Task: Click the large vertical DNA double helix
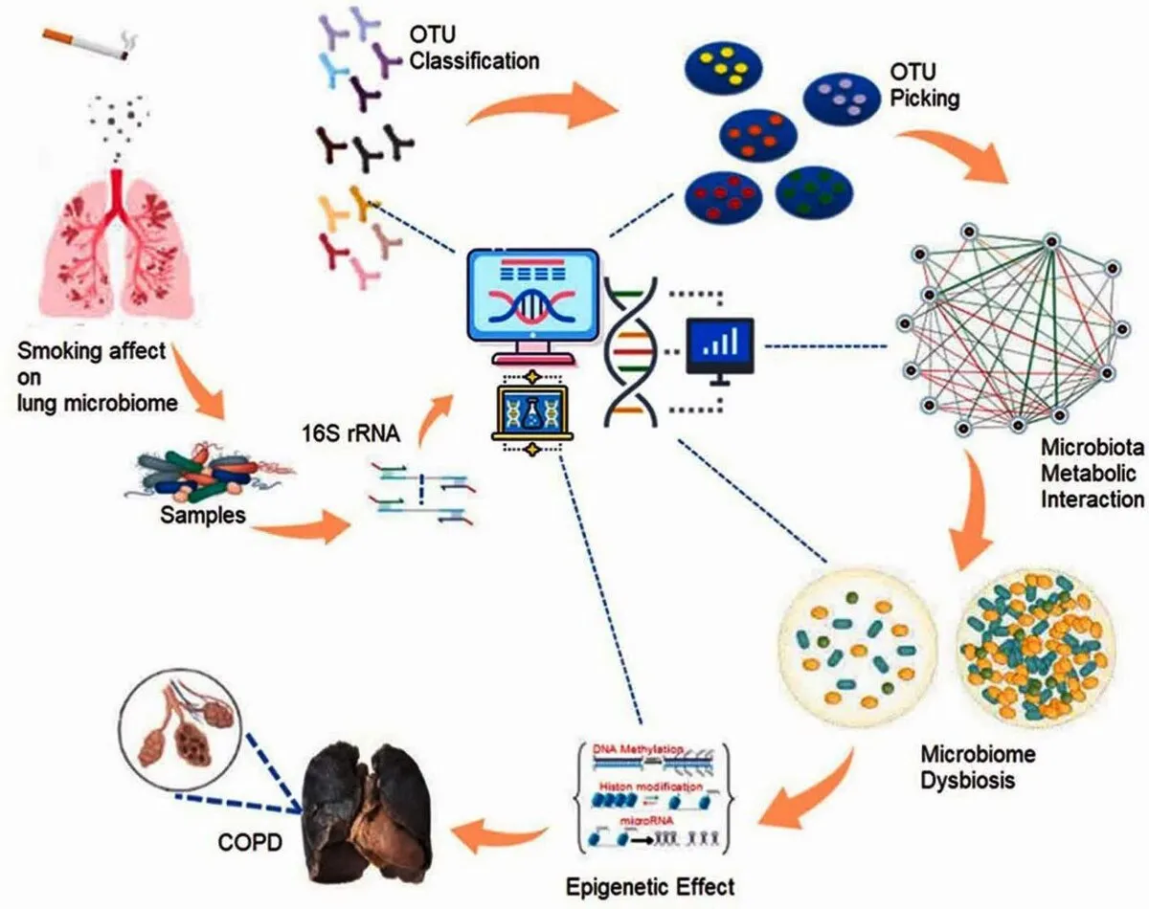pyautogui.click(x=632, y=349)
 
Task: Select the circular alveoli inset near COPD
pyautogui.click(x=177, y=731)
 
